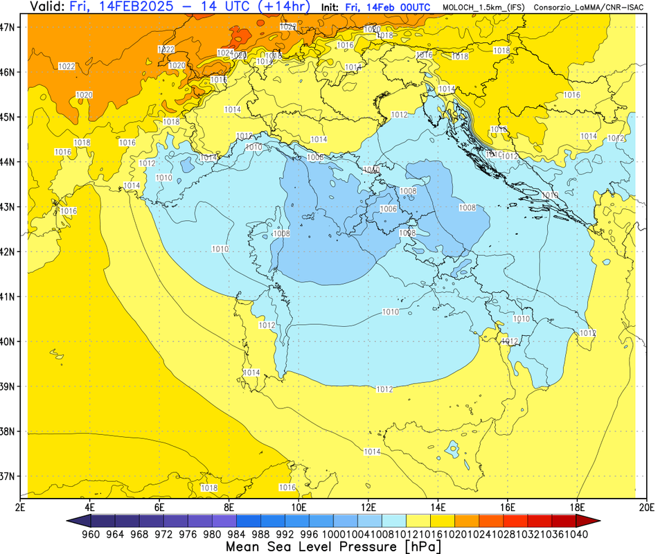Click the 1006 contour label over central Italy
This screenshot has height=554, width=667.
(389, 209)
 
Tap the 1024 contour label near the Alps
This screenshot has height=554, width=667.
(224, 53)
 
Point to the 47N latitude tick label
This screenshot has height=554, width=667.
(9, 28)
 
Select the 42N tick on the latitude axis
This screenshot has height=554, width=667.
(9, 251)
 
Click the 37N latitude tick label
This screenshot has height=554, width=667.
(9, 476)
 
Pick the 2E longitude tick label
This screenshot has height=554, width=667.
(21, 507)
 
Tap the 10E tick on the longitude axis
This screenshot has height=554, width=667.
(299, 507)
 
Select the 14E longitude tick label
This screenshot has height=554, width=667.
(438, 507)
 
